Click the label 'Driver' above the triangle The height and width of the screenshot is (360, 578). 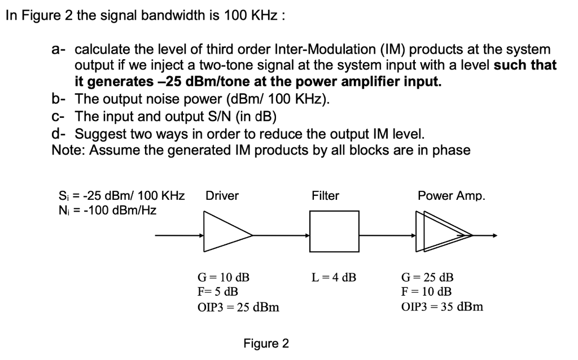[222, 196]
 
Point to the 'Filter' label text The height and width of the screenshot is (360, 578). [325, 196]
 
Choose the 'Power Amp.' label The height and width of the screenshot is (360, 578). [451, 196]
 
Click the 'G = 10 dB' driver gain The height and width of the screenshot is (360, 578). [223, 278]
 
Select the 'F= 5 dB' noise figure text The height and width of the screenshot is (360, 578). [217, 292]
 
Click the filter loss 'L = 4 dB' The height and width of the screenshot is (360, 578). [334, 278]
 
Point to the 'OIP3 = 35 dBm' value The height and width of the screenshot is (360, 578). [442, 307]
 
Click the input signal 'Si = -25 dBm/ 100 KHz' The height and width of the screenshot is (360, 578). [121, 196]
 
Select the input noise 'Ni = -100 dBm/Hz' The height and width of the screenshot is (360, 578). [107, 210]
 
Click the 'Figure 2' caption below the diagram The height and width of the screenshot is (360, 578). [266, 344]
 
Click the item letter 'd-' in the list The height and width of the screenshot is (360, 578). [59, 134]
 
